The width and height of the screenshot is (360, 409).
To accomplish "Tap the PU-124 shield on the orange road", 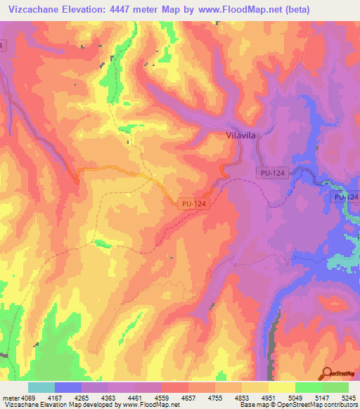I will pyautogui.click(x=193, y=203).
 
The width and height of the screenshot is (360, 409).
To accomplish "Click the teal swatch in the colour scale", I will pyautogui.click(x=41, y=387).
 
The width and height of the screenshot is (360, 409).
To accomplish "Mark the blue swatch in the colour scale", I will pyautogui.click(x=67, y=387).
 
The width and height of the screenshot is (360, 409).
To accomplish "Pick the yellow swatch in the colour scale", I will pyautogui.click(x=281, y=387).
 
